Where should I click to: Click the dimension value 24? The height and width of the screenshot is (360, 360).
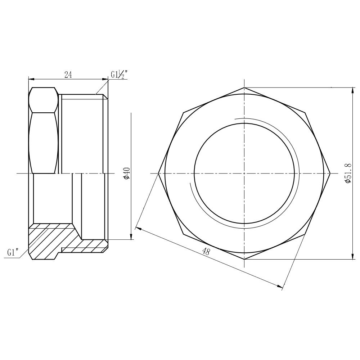pyautogui.click(x=68, y=75)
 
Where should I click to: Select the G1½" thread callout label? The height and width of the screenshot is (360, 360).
pyautogui.click(x=119, y=75)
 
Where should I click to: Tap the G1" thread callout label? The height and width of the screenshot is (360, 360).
pyautogui.click(x=13, y=252)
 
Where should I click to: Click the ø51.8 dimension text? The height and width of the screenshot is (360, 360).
pyautogui.click(x=348, y=173)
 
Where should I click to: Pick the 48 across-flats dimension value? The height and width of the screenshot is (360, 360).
pyautogui.click(x=206, y=251)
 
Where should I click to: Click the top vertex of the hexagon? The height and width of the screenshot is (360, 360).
pyautogui.click(x=244, y=87)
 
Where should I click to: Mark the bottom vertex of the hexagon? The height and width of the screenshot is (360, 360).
pyautogui.click(x=244, y=259)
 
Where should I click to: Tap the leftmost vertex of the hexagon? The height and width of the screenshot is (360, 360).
pyautogui.click(x=159, y=174)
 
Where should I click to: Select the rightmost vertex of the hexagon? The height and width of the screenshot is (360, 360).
pyautogui.click(x=330, y=174)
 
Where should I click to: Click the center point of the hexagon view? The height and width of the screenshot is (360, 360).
pyautogui.click(x=244, y=174)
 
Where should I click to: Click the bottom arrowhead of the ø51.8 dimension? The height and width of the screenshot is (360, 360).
pyautogui.click(x=352, y=257)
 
